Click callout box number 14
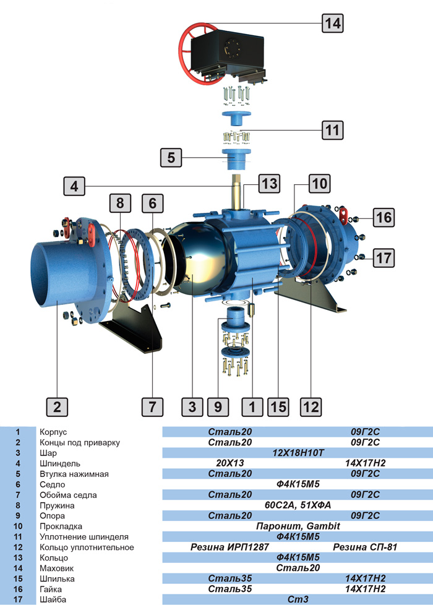[x=333, y=24]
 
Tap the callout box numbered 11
[x=333, y=131]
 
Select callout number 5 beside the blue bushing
[x=171, y=157]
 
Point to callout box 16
[x=383, y=217]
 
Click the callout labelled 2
[x=57, y=406]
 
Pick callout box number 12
[x=311, y=406]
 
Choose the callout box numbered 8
[x=120, y=202]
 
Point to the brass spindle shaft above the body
[x=238, y=192]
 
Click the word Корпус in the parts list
[x=53, y=432]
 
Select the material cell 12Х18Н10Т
[x=298, y=453]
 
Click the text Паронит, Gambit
[x=298, y=526]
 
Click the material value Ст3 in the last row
[x=298, y=599]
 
